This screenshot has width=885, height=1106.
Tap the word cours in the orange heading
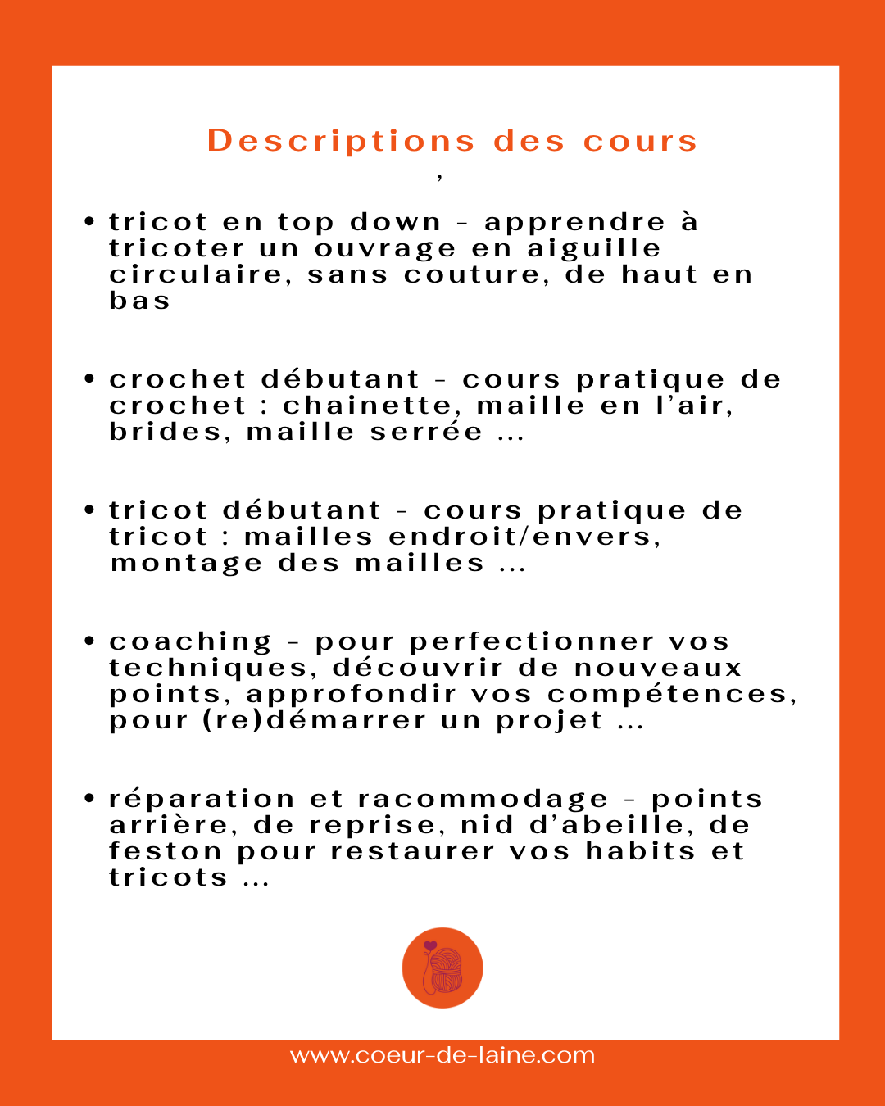[x=640, y=141]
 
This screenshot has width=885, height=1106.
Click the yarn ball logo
[x=442, y=968]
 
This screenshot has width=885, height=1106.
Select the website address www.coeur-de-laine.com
[x=442, y=1055]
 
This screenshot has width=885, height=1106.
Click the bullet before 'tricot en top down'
[x=90, y=221]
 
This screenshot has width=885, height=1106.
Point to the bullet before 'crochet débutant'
[x=90, y=378]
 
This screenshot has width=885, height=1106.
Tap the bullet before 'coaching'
[x=90, y=641]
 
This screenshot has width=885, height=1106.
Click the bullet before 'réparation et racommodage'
[x=90, y=798]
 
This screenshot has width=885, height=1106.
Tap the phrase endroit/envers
[x=524, y=537]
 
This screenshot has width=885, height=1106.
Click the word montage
[x=187, y=564]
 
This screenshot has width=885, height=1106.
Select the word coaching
[x=190, y=641]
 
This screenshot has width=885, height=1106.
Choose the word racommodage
[x=483, y=799]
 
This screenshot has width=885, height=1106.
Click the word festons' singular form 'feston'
[x=165, y=851]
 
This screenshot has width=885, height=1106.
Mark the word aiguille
[x=593, y=248]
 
